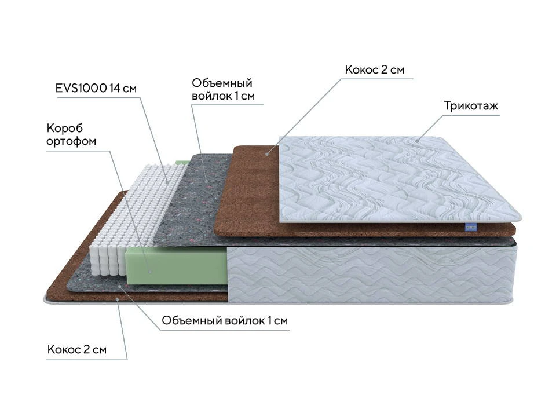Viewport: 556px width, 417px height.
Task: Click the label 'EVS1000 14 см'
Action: pos(96,88)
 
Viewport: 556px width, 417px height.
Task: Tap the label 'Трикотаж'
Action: pos(471,105)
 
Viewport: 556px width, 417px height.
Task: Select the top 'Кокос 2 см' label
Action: pos(375,69)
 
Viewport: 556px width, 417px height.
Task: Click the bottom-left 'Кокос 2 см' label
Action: pos(77,350)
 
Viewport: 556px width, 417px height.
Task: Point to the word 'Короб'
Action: pos(64,128)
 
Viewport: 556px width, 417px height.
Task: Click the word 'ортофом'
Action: pos(71,141)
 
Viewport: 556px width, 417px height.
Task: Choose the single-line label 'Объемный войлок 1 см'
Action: pos(225,320)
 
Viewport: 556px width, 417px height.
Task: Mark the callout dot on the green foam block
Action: pos(150,272)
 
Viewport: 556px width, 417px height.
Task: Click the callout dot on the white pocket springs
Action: pos(168,182)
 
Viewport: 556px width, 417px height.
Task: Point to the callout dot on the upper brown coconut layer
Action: pos(268,154)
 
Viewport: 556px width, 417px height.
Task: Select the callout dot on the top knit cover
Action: pos(418,141)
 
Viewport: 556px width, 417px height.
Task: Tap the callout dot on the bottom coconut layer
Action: pos(118,299)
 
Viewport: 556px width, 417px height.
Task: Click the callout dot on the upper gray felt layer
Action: pos(206,181)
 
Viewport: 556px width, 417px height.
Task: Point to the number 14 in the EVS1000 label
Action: pos(115,88)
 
